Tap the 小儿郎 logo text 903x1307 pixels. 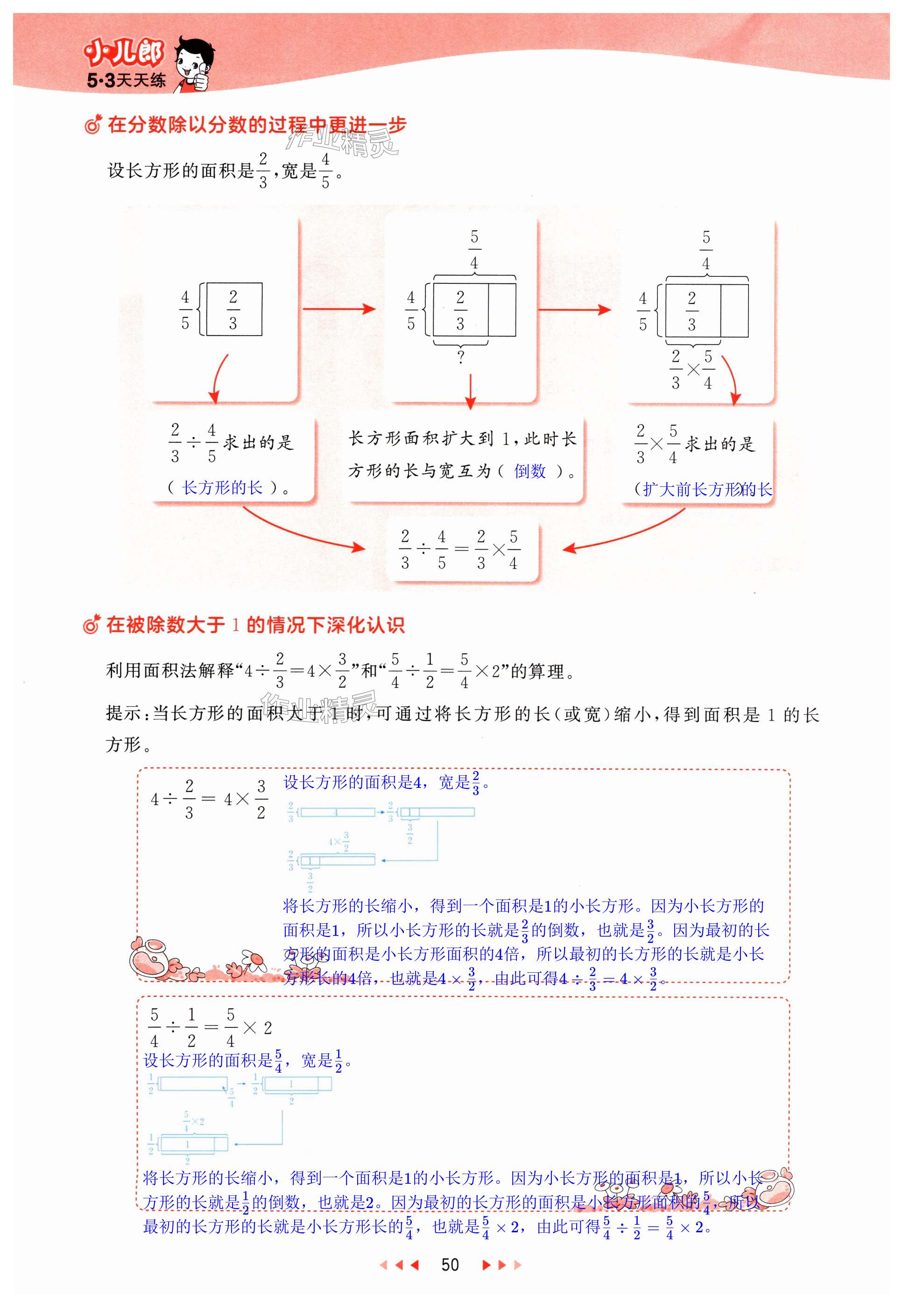click(x=123, y=54)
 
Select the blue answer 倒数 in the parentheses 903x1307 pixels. click(x=529, y=471)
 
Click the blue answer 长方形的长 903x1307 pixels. click(x=222, y=487)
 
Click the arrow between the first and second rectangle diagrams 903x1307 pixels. click(x=339, y=309)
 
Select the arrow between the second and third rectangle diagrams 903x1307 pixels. click(x=573, y=309)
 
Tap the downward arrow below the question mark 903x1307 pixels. click(x=470, y=390)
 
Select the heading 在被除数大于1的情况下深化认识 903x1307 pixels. click(x=254, y=625)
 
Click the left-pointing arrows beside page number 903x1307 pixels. click(x=400, y=1265)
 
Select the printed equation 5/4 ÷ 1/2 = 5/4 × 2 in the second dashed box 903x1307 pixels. click(x=209, y=1027)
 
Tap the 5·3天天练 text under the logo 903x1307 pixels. click(x=126, y=81)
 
